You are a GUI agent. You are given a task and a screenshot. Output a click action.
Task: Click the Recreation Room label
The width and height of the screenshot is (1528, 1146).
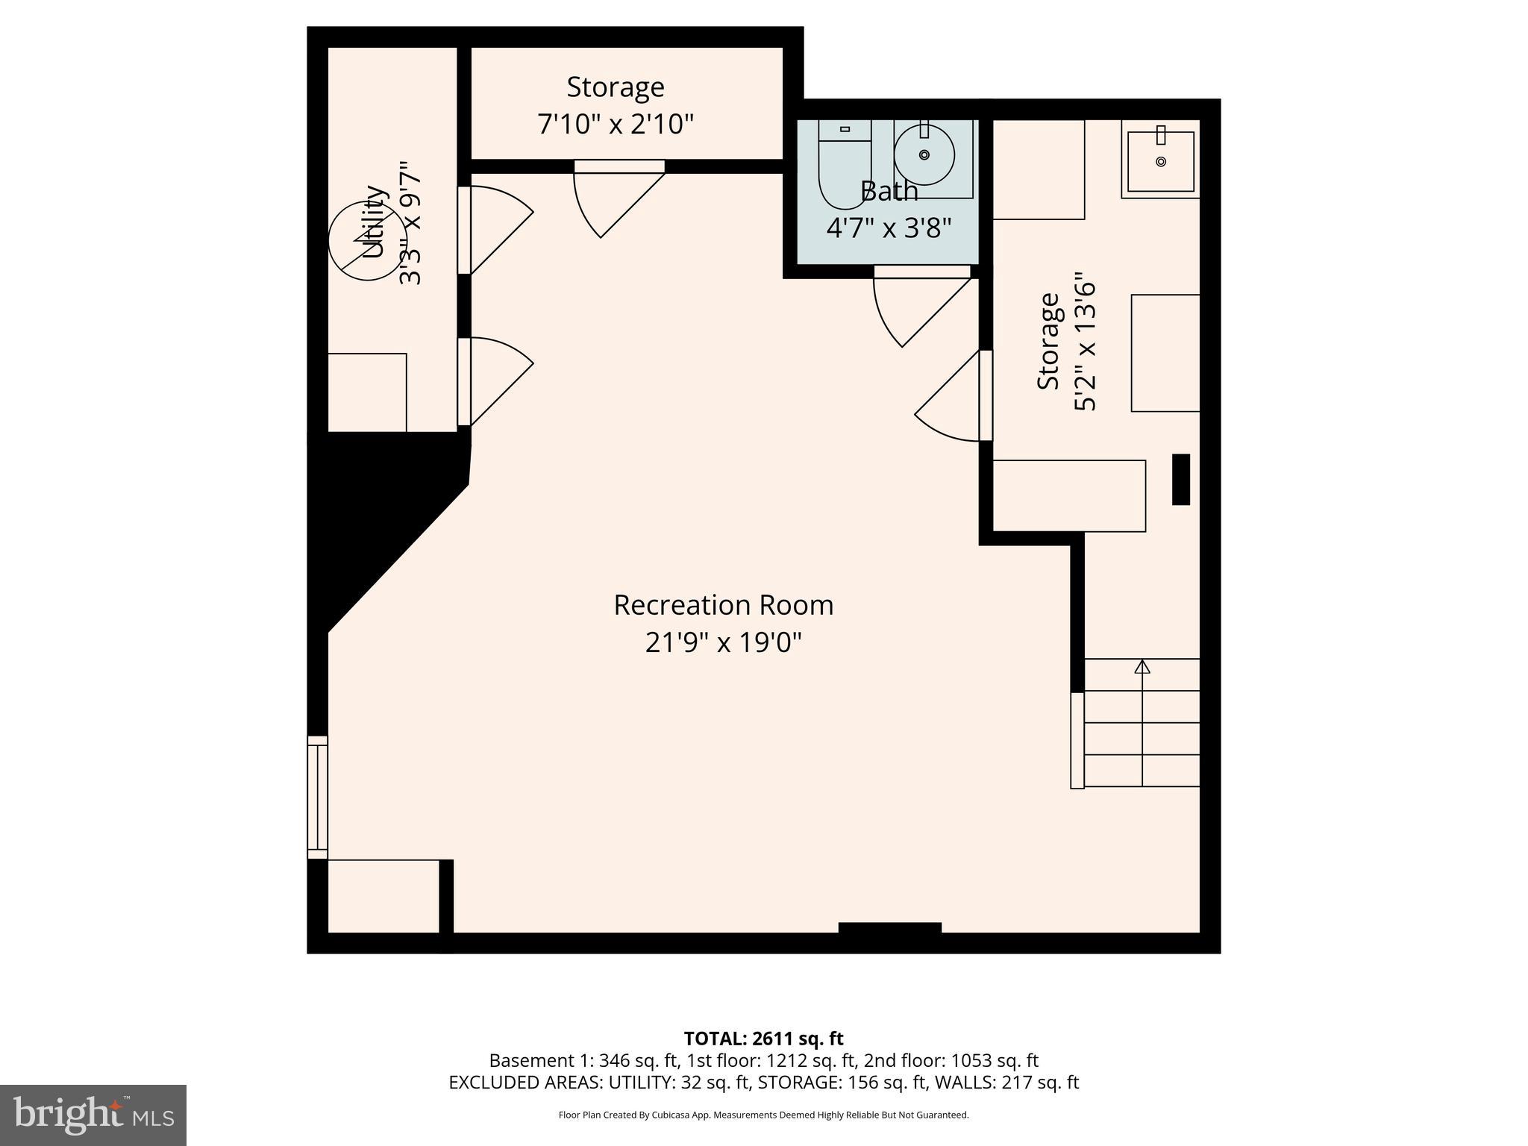click(723, 605)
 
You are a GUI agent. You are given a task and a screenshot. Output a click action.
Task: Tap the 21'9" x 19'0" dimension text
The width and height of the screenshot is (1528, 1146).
click(723, 642)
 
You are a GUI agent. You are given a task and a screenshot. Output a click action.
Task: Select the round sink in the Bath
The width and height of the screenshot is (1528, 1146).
click(924, 154)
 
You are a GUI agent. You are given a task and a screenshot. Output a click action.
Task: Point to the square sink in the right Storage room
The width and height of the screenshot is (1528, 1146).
click(1160, 160)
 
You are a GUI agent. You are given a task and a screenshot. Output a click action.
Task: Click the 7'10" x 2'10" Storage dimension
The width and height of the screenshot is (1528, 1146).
click(616, 124)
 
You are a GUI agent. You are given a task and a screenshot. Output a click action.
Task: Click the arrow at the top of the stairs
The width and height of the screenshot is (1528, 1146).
click(1142, 666)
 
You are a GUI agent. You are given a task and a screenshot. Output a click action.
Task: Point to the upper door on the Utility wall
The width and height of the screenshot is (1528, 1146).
click(492, 228)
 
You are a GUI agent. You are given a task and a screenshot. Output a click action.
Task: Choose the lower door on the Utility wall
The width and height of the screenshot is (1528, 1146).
click(492, 381)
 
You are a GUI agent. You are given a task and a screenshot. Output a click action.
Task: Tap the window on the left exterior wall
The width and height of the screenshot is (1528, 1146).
click(317, 798)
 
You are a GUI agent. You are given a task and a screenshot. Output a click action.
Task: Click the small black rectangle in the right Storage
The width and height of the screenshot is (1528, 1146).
click(1180, 479)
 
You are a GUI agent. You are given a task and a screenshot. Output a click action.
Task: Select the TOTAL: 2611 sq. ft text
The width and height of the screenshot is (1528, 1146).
click(763, 1039)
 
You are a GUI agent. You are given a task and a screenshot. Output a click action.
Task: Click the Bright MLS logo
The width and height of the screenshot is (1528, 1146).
click(93, 1115)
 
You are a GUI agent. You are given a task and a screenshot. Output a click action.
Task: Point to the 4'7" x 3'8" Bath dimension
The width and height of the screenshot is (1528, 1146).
click(889, 228)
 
